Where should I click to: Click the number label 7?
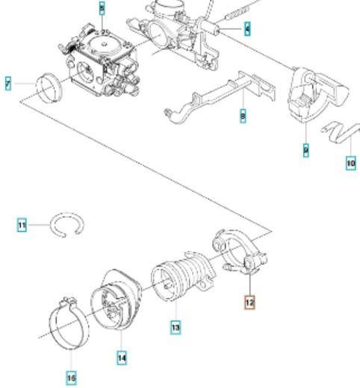coord(8,85)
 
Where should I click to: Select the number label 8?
coord(243,116)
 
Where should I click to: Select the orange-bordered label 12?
coord(249,303)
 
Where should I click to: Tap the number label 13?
coord(175,327)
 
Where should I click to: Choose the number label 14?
coord(121,358)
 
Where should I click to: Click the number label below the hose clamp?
coord(72,379)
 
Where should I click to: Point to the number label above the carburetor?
coord(102,8)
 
